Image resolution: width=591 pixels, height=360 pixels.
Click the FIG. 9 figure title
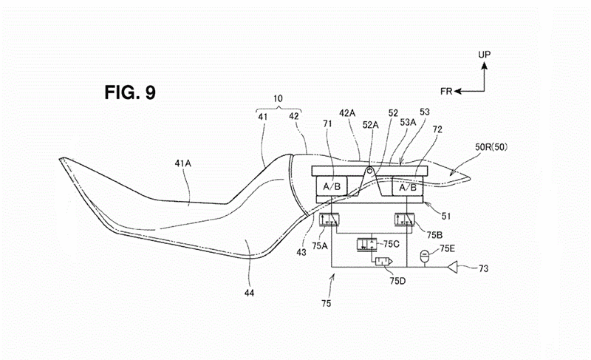(130, 92)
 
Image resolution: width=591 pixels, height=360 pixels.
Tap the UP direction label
(485, 55)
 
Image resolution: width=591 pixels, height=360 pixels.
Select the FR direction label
(446, 91)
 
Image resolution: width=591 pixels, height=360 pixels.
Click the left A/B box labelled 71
(332, 186)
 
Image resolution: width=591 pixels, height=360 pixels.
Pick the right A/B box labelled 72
(408, 186)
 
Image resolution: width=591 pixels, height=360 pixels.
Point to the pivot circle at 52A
(372, 171)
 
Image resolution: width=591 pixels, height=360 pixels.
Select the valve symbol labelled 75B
(404, 220)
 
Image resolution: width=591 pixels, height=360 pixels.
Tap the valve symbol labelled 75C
(366, 244)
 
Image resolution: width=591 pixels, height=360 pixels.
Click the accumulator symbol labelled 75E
(426, 256)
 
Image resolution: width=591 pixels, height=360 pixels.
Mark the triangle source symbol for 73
(453, 268)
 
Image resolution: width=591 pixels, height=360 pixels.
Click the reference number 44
(249, 293)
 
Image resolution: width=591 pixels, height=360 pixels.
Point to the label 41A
(182, 163)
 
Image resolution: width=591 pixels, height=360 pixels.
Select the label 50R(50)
(491, 146)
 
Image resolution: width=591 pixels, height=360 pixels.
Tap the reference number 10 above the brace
(278, 99)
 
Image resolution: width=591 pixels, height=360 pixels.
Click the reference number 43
(301, 252)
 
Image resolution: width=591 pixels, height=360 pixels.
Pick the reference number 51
(446, 216)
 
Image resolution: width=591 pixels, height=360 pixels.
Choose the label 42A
(347, 112)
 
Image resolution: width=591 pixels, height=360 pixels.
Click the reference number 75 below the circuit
(327, 303)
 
